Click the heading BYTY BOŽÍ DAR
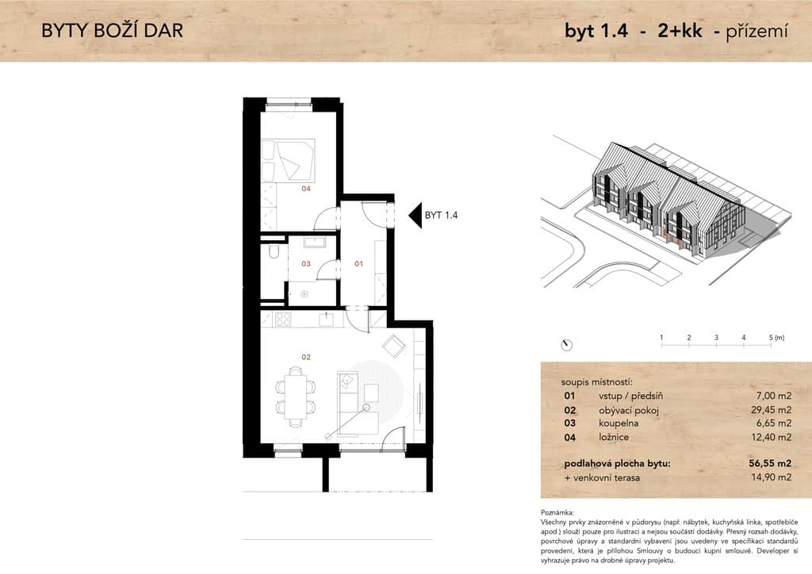point(112,31)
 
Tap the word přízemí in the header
point(756,32)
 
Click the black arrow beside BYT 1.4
point(415,216)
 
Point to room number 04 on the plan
point(306,189)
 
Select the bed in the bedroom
point(288,159)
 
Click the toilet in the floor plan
point(274,252)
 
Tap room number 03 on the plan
point(306,264)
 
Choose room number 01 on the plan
point(359,264)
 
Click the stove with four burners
point(283,320)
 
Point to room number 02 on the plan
point(306,357)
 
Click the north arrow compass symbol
point(567,345)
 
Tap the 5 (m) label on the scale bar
point(776,338)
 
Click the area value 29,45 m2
point(771,410)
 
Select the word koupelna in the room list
point(619,423)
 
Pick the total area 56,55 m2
point(770,463)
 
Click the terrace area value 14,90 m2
point(771,477)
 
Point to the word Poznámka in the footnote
point(557,512)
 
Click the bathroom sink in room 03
point(314,242)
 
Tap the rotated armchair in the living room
point(395,346)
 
